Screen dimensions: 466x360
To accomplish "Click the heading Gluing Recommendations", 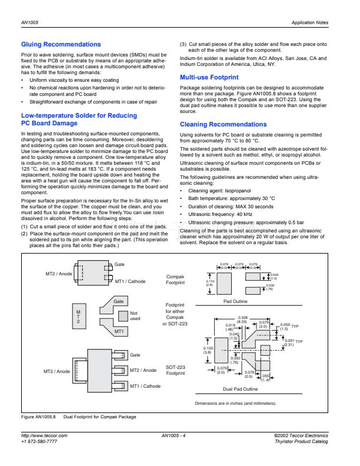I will (61, 44).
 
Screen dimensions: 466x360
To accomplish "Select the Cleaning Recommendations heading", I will (223, 125).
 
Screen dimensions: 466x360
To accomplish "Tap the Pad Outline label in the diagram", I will (236, 301).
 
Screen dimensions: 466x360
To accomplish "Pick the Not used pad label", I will (135, 316).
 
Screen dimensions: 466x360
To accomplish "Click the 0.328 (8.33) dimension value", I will (242, 319).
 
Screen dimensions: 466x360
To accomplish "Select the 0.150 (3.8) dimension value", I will (208, 351).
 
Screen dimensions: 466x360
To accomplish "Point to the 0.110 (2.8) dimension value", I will (210, 284).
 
